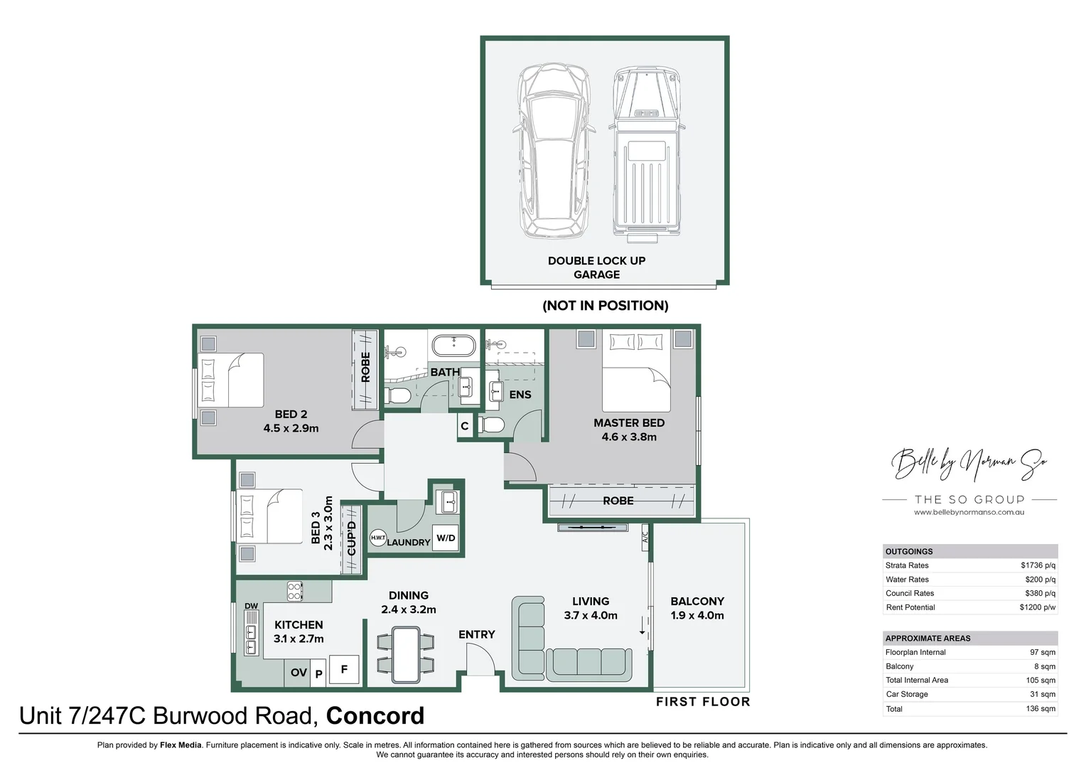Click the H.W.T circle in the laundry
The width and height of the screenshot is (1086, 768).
(x=377, y=538)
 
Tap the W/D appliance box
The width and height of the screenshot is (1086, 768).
(x=446, y=538)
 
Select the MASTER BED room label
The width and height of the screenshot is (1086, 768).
(x=629, y=423)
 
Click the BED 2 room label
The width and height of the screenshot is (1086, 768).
(x=291, y=415)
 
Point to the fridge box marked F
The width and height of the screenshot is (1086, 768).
(x=344, y=669)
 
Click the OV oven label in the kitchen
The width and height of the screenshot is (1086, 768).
(x=299, y=673)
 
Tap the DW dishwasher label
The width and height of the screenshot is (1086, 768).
(x=251, y=606)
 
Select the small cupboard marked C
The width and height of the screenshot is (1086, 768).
(x=465, y=427)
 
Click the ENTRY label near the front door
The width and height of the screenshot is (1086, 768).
(x=476, y=634)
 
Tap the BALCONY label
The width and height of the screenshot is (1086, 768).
(x=697, y=602)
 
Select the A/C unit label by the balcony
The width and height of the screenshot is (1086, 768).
(x=645, y=535)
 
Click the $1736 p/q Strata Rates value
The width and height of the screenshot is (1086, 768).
(x=1038, y=565)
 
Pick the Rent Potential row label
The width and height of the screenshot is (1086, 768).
(x=910, y=607)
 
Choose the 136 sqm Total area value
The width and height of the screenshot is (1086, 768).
(x=1041, y=708)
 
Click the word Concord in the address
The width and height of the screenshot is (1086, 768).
(x=375, y=715)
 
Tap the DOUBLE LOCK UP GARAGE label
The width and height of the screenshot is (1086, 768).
(x=596, y=267)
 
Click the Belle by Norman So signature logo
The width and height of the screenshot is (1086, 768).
(x=969, y=464)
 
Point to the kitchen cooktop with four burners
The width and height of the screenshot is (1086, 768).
(x=294, y=590)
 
